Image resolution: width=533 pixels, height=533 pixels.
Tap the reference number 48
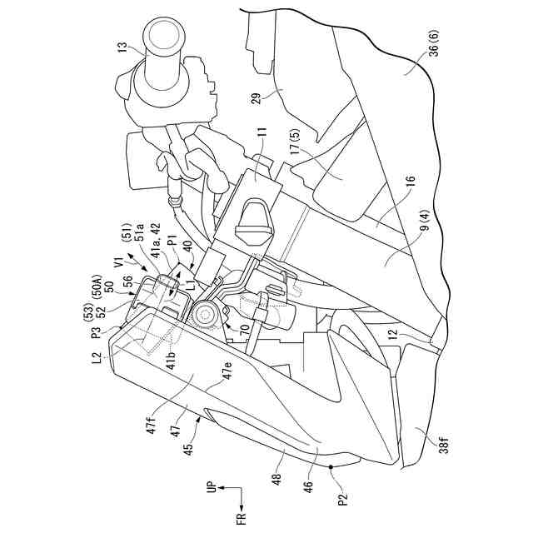275,481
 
